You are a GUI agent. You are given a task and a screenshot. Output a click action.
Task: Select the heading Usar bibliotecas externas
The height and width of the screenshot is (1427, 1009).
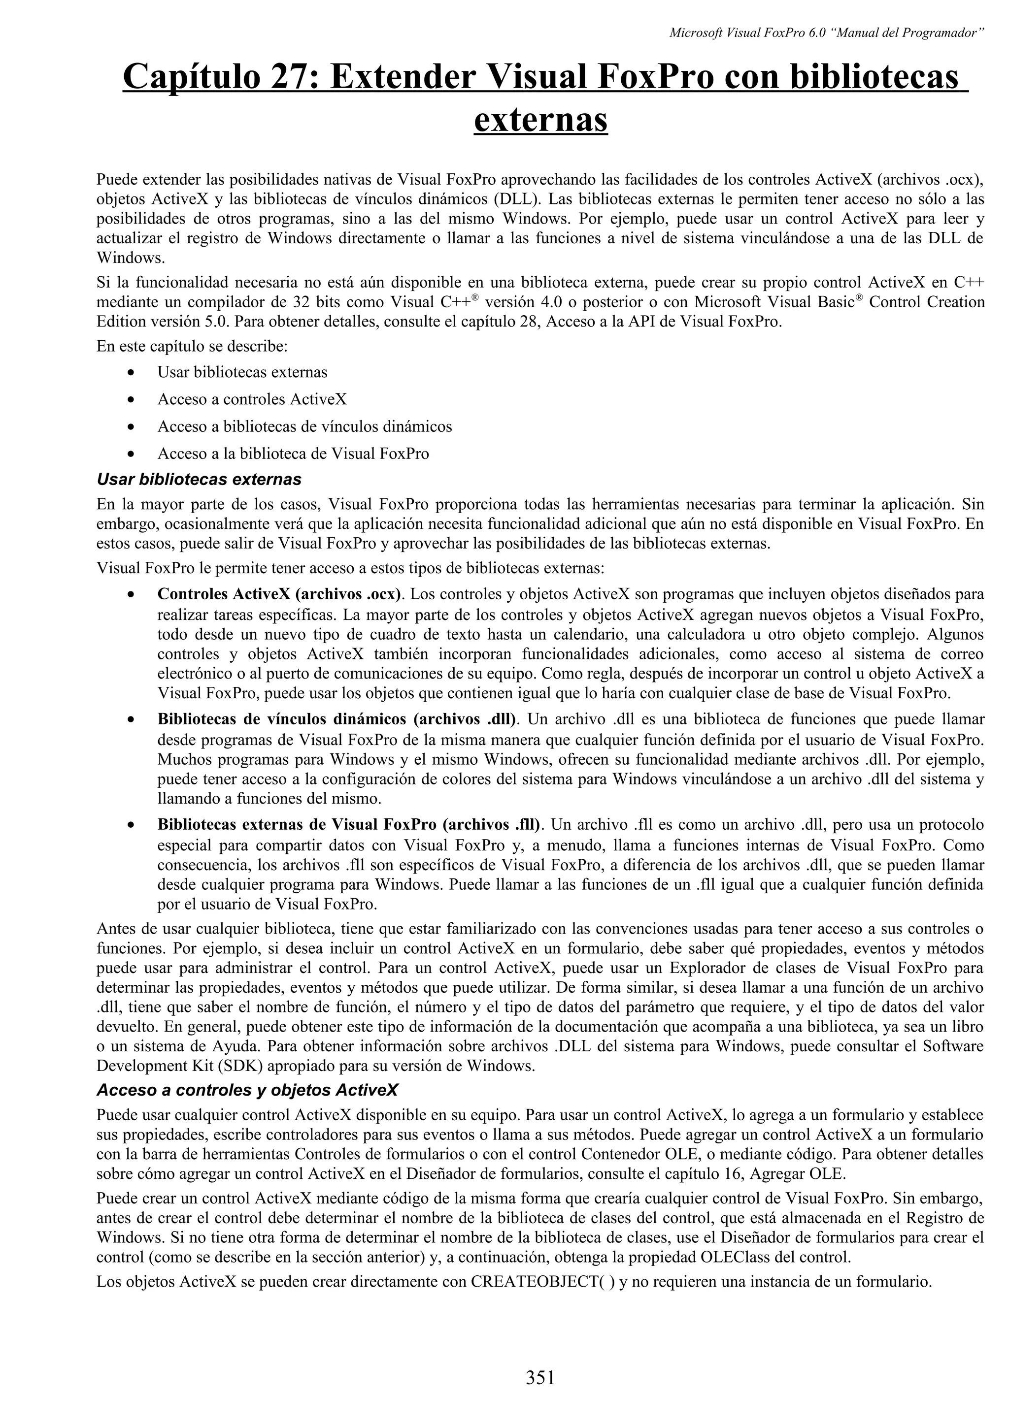[199, 480]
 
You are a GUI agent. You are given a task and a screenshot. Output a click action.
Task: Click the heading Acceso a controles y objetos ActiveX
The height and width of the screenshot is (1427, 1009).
[247, 1090]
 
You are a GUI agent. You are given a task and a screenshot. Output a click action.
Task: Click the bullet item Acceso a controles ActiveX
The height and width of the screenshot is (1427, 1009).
[252, 399]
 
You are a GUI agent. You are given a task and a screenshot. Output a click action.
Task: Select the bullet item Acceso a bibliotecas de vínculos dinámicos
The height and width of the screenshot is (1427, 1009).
[304, 426]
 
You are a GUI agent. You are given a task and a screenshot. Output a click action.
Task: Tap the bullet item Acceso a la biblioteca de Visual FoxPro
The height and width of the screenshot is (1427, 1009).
[293, 454]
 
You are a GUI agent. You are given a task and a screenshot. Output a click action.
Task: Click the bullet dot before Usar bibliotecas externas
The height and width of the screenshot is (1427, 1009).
[130, 373]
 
